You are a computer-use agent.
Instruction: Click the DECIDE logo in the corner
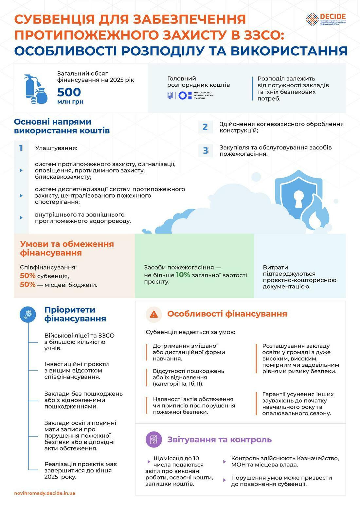[x=326, y=19]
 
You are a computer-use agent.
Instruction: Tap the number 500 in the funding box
[x=69, y=92]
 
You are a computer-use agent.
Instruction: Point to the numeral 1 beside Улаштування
[x=21, y=148]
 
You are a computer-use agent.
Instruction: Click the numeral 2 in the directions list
[x=205, y=127]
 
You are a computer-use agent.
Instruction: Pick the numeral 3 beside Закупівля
[x=205, y=150]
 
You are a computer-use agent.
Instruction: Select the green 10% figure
[x=183, y=275]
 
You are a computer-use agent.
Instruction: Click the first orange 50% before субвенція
[x=27, y=276]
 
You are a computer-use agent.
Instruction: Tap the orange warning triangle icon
[x=153, y=314]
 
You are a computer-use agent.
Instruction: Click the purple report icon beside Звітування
[x=153, y=439]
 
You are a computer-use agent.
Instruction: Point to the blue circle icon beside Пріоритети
[x=28, y=314]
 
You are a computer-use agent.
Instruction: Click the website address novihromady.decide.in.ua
[x=45, y=493]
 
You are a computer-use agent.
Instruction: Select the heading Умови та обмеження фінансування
[x=67, y=248]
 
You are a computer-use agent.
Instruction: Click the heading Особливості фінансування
[x=227, y=314]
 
